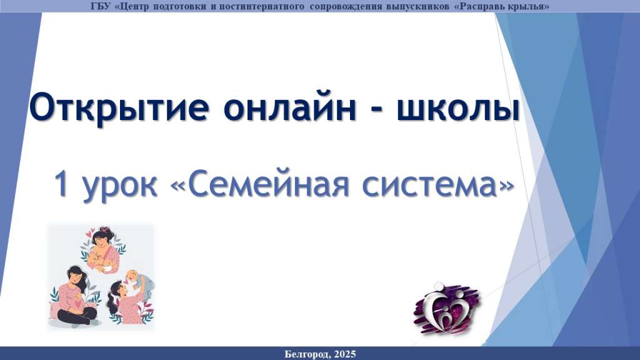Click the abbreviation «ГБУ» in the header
click(x=99, y=6)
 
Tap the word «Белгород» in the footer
click(x=307, y=354)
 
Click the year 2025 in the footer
click(x=345, y=354)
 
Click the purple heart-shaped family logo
click(x=446, y=308)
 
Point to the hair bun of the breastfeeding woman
click(x=106, y=230)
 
